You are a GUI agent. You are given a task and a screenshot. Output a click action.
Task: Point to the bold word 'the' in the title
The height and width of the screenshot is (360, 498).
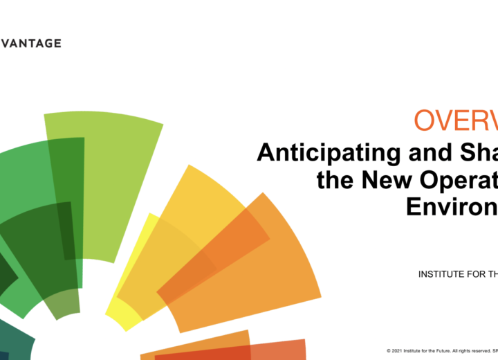336,180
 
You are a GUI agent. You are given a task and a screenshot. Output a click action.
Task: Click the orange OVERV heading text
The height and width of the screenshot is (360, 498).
456,120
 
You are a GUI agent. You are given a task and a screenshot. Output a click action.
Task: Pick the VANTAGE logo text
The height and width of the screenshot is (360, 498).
30,43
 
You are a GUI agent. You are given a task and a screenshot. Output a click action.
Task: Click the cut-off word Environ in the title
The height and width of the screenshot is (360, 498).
450,207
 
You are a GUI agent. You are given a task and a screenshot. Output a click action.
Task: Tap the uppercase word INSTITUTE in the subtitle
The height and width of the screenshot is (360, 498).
441,274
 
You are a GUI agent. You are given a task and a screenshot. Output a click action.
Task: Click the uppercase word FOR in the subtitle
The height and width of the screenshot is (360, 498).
477,274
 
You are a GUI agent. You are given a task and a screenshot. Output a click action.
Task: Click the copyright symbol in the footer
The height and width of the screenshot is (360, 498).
389,351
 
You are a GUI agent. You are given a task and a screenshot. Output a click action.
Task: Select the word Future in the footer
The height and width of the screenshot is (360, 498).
443,351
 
